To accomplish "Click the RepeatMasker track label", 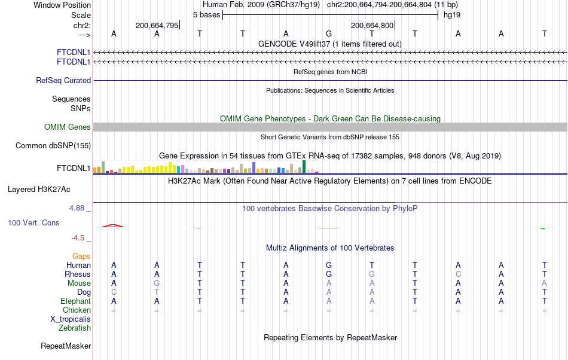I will pyautogui.click(x=66, y=346).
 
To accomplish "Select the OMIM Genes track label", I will pyautogui.click(x=68, y=127).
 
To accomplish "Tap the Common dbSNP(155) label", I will pyautogui.click(x=53, y=145).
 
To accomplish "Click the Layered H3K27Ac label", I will pyautogui.click(x=39, y=190).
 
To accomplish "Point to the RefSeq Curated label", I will pyautogui.click(x=63, y=80).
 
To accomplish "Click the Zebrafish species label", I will pyautogui.click(x=75, y=328).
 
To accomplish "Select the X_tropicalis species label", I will pyautogui.click(x=71, y=319).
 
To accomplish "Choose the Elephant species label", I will pyautogui.click(x=75, y=301).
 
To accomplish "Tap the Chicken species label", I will pyautogui.click(x=77, y=310).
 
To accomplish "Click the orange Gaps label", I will pyautogui.click(x=81, y=256).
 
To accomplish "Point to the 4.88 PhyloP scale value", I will pyautogui.click(x=78, y=208).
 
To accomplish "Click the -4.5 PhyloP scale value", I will pyautogui.click(x=79, y=237).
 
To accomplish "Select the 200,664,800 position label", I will pyautogui.click(x=372, y=25).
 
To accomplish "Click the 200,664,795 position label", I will pyautogui.click(x=157, y=25).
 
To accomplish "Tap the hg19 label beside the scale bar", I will pyautogui.click(x=451, y=14).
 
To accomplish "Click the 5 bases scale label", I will pyautogui.click(x=206, y=14).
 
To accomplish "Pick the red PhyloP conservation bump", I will pyautogui.click(x=113, y=225).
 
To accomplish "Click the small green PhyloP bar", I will pyautogui.click(x=543, y=228).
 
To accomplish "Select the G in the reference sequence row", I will pyautogui.click(x=329, y=33).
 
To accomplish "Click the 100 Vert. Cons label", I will pyautogui.click(x=33, y=222).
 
